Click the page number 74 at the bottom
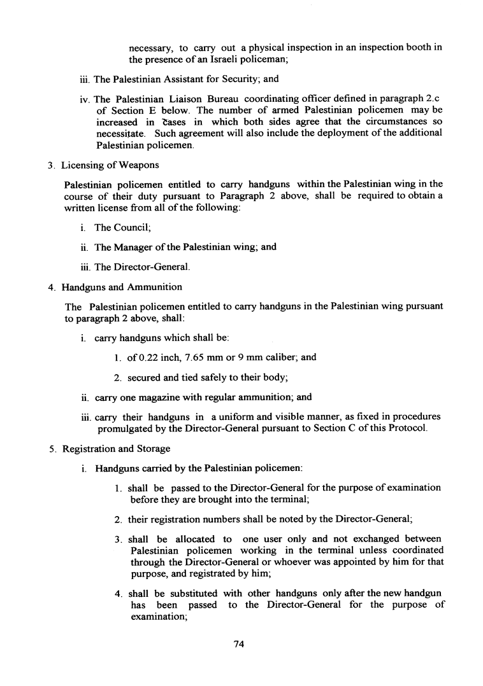[x=240, y=644]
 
